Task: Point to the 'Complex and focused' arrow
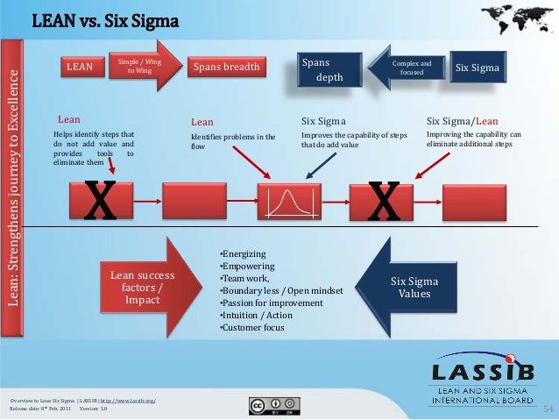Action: click(410, 68)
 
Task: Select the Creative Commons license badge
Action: click(275, 405)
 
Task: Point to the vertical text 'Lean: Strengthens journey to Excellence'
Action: click(12, 189)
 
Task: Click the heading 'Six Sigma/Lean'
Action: click(462, 121)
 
